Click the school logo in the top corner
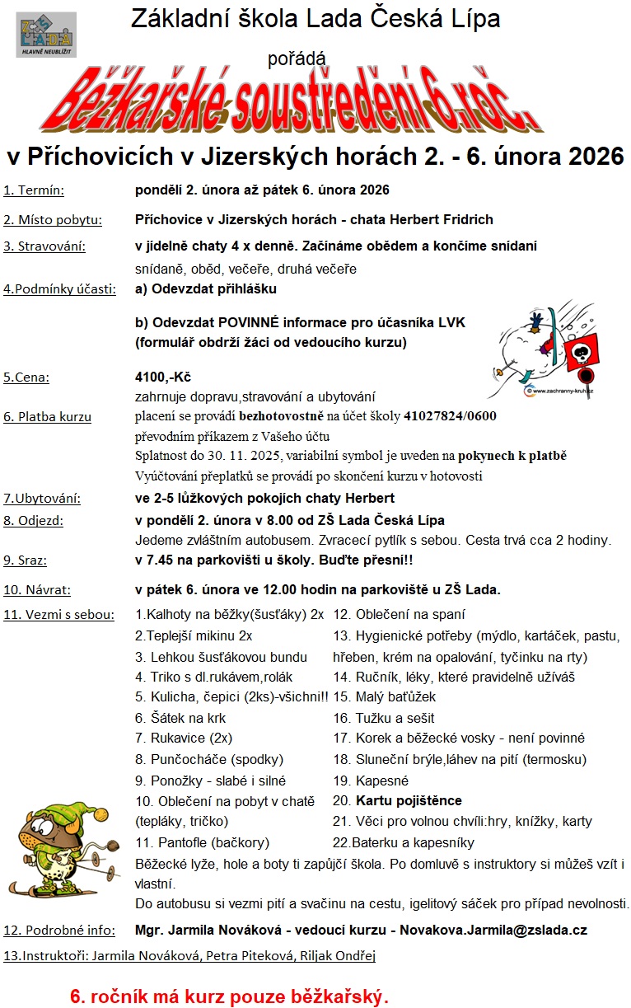point(46,34)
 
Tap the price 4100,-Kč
point(162,377)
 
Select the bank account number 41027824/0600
point(450,416)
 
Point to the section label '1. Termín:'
point(34,190)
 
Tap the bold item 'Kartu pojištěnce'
point(409,800)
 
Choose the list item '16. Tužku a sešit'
point(383,718)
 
